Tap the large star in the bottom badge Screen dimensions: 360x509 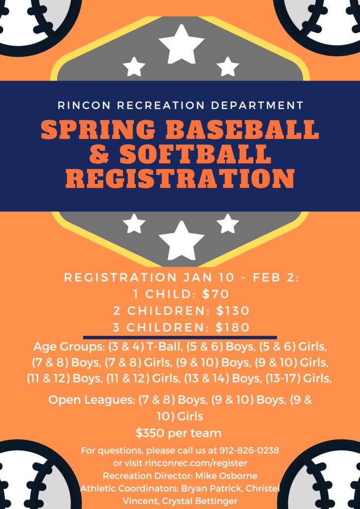[181, 240]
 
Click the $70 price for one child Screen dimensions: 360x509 [215, 294]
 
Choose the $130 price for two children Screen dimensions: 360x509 [233, 311]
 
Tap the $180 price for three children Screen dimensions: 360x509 [233, 327]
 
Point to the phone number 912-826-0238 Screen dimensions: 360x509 [250, 450]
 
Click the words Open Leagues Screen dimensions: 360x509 [90, 400]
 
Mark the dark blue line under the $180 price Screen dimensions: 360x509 [180, 338]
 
